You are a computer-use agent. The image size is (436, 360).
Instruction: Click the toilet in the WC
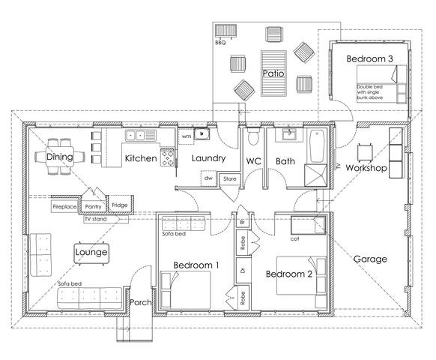(x=253, y=137)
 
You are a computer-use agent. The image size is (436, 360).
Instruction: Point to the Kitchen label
(x=141, y=158)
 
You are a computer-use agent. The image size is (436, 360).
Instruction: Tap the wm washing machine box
(x=187, y=136)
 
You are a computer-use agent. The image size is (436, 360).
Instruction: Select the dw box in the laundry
(x=208, y=178)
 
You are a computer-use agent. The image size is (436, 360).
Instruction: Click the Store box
(x=228, y=178)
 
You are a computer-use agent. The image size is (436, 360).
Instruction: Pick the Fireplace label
(x=65, y=205)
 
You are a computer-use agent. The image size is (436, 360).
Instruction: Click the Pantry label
(x=94, y=205)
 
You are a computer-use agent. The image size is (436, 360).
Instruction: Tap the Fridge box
(x=120, y=204)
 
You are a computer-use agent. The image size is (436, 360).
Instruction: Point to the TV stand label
(x=94, y=219)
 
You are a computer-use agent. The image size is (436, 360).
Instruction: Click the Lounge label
(x=91, y=253)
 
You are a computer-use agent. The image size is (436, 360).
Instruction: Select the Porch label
(x=142, y=303)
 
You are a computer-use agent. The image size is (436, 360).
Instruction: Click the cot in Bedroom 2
(x=308, y=225)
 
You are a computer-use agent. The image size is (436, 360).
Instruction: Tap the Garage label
(x=370, y=259)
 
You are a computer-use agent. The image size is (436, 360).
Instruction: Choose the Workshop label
(x=366, y=169)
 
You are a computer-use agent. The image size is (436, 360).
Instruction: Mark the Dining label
(x=59, y=157)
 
